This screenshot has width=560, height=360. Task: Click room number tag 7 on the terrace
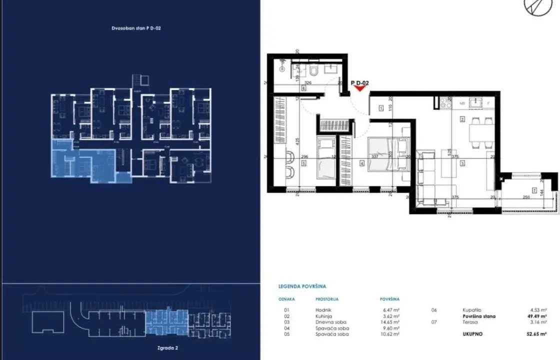point(534,190)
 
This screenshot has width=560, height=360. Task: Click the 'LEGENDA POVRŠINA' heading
point(302,287)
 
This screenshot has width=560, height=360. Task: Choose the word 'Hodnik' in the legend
point(323,310)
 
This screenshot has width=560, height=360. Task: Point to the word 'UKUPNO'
point(472,334)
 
